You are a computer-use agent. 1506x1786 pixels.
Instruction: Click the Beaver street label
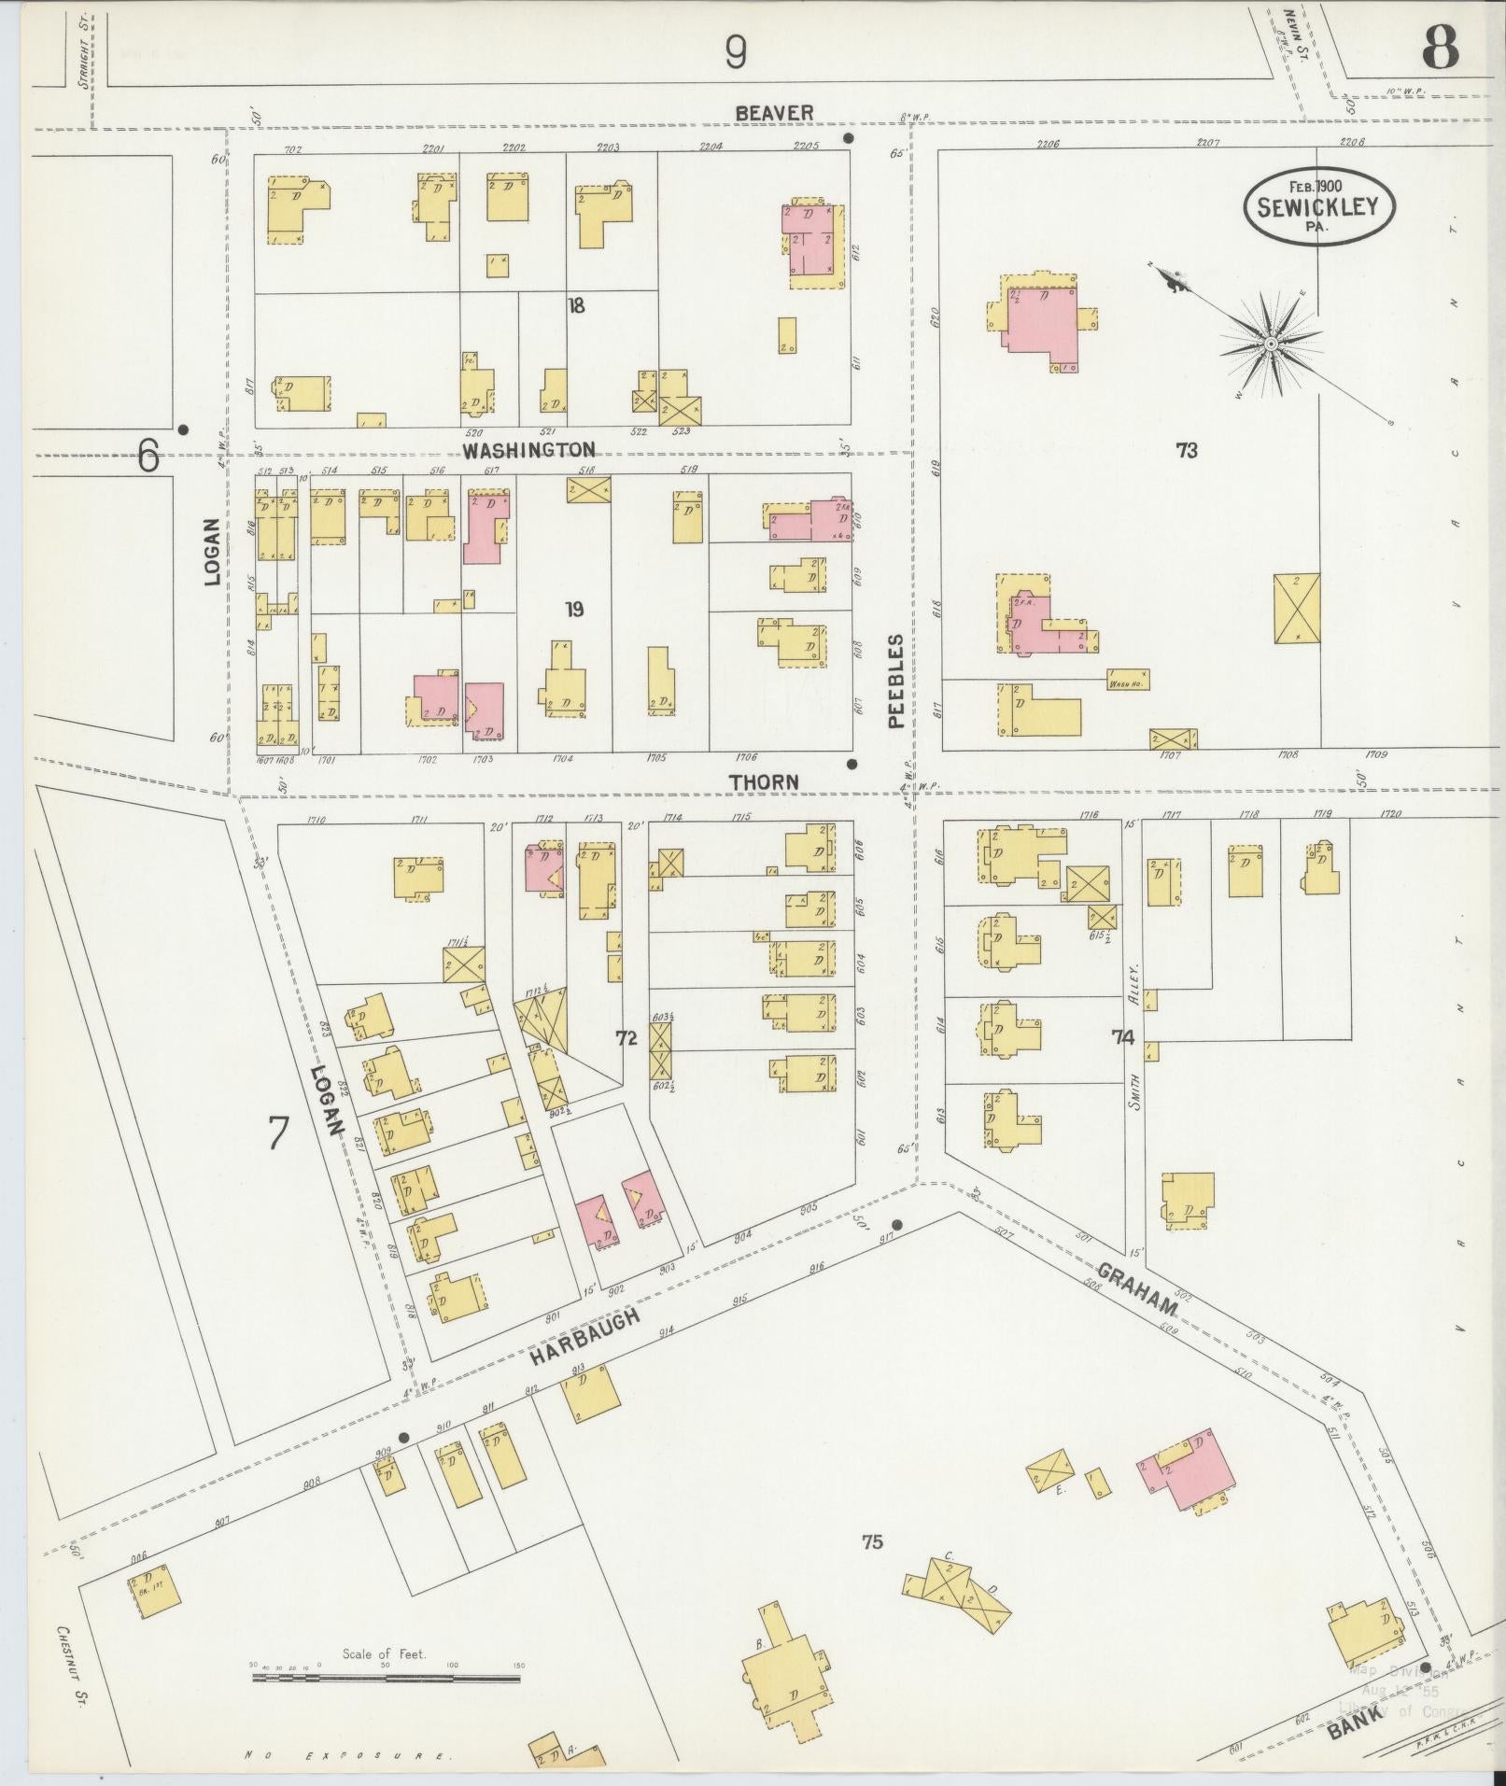[774, 113]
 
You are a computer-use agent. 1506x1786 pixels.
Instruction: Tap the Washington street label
[529, 450]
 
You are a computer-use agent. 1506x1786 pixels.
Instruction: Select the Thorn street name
[764, 781]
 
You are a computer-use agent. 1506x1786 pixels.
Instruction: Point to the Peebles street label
[896, 681]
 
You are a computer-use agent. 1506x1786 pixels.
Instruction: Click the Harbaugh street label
[585, 1338]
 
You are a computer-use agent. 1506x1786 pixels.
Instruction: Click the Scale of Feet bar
[385, 1678]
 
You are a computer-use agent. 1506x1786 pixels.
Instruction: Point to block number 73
[1186, 451]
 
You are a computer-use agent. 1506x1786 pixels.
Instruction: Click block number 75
[872, 1540]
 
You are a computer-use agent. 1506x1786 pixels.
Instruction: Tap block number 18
[576, 305]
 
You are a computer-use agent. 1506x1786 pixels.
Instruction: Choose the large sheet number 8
[1441, 49]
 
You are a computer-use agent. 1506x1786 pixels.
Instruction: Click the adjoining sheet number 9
[736, 53]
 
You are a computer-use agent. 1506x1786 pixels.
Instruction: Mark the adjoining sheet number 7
[277, 1133]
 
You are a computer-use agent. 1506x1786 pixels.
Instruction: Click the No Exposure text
[348, 1756]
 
